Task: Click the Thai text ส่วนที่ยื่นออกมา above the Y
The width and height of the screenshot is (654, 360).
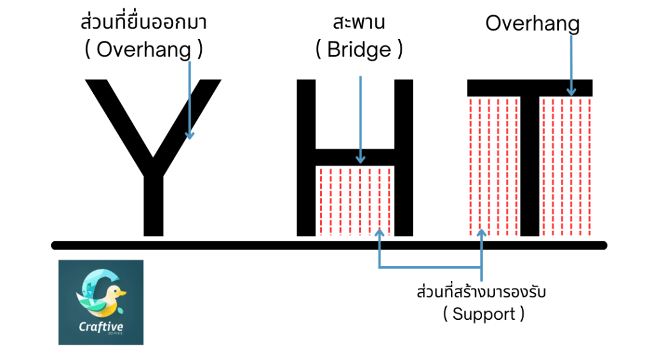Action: (x=144, y=24)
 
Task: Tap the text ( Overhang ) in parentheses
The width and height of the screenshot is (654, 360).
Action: (x=144, y=50)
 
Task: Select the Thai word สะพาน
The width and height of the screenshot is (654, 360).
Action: (x=359, y=24)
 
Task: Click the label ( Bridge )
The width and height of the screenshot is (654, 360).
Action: (x=359, y=50)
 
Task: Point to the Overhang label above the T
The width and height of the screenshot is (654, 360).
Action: (x=532, y=24)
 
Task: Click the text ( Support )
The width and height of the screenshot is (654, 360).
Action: (x=483, y=314)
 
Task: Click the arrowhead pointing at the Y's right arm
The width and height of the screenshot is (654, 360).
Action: (x=189, y=134)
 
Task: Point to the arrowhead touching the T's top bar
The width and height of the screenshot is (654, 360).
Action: (x=570, y=91)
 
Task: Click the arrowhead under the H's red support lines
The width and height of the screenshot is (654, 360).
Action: (x=380, y=234)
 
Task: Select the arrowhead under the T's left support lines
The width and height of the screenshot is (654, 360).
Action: (x=482, y=234)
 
